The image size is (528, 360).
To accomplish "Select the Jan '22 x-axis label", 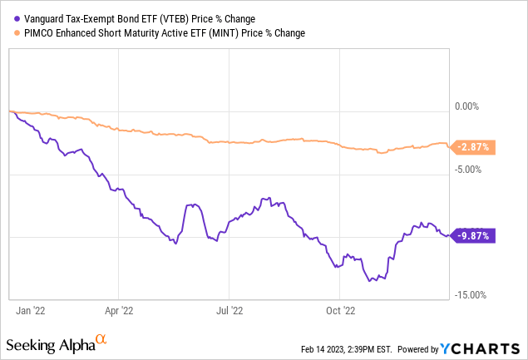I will (x=32, y=311).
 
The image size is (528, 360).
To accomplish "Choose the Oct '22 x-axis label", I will (x=339, y=311).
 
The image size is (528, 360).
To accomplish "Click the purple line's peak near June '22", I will (x=192, y=205).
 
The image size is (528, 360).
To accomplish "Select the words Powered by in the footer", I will (x=420, y=348).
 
